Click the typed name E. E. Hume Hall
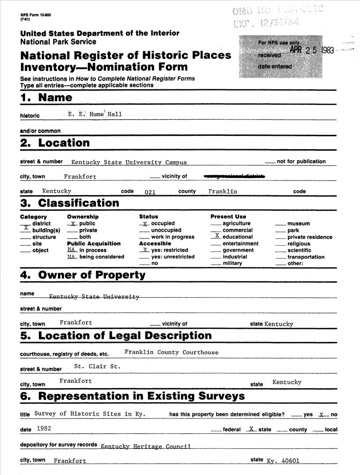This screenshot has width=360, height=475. click(x=95, y=114)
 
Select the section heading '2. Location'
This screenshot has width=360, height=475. click(x=55, y=143)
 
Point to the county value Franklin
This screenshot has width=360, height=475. click(x=222, y=191)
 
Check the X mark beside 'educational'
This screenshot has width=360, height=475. click(x=217, y=236)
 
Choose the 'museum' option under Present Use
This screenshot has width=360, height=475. click(x=298, y=224)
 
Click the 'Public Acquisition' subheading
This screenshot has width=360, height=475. click(x=94, y=244)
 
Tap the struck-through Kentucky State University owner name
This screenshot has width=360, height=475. click(x=94, y=297)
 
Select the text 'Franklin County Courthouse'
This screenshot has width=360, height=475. click(x=171, y=352)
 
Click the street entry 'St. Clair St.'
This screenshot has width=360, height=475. click(x=97, y=367)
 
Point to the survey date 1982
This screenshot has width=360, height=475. click(x=44, y=428)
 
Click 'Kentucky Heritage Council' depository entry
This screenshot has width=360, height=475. click(x=145, y=446)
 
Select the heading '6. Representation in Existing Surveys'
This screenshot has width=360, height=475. click(x=133, y=396)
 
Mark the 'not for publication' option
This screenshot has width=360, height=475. click(x=301, y=161)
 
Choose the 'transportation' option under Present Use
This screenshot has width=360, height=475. click(x=306, y=257)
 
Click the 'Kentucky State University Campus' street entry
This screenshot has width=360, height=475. click(x=129, y=162)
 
